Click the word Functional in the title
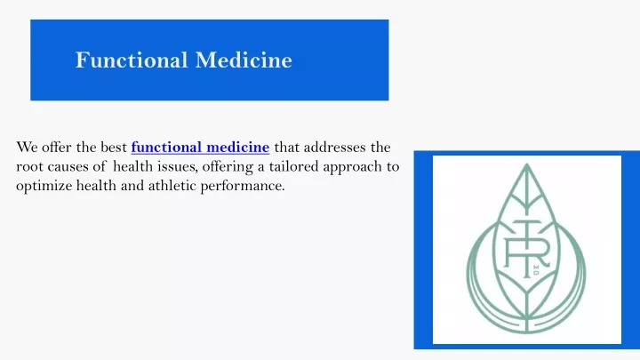tap(132, 60)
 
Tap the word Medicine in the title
tap(244, 60)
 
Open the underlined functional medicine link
tap(200, 147)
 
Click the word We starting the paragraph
tap(27, 147)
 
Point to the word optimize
tap(44, 186)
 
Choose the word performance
tap(243, 187)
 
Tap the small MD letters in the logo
tap(536, 270)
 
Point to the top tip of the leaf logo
tap(526, 164)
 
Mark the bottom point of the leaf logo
tap(527, 332)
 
